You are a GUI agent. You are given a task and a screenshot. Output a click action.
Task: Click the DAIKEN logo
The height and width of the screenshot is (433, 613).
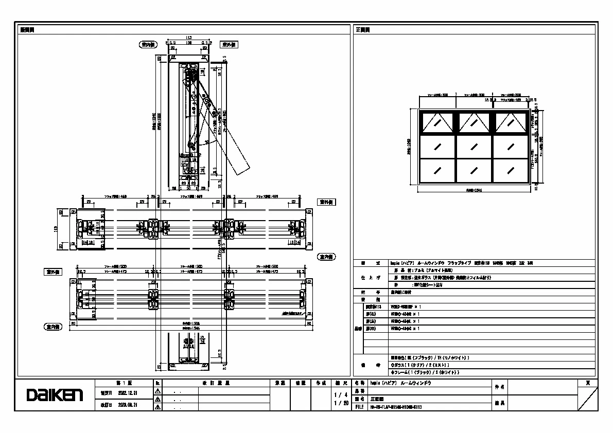click(55, 395)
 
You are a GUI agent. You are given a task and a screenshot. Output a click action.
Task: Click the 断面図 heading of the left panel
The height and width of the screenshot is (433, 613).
click(27, 30)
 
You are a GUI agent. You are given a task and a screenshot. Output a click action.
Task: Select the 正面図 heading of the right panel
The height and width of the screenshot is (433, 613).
click(363, 30)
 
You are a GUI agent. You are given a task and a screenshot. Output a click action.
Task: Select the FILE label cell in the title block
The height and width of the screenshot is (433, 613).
click(360, 406)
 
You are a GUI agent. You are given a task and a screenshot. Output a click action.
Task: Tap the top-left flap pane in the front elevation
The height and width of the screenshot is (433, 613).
click(437, 122)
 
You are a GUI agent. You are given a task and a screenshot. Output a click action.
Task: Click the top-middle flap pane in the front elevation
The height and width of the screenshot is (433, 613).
click(474, 122)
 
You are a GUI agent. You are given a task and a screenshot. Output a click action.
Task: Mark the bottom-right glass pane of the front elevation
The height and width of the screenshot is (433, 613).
click(511, 170)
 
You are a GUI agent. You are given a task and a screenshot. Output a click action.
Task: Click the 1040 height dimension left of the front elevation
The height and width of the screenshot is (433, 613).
click(409, 147)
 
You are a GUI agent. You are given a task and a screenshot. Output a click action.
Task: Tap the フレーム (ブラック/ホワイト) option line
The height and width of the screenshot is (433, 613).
click(425, 372)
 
